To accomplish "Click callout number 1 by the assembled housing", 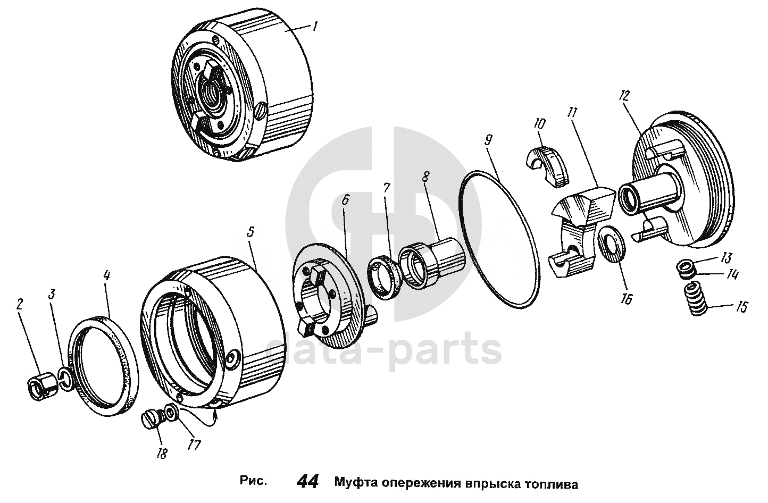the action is pos(315,27).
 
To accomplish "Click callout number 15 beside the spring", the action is pos(741,307).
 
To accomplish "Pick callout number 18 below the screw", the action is pos(162,453).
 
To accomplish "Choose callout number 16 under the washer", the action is pos(625,299).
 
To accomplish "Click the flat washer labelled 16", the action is pos(612,244).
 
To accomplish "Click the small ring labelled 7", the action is pos(383,279).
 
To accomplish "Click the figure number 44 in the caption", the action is pos(307,481).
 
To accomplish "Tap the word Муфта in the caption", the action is pos(356,484).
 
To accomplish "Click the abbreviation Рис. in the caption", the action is pos(253,481).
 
